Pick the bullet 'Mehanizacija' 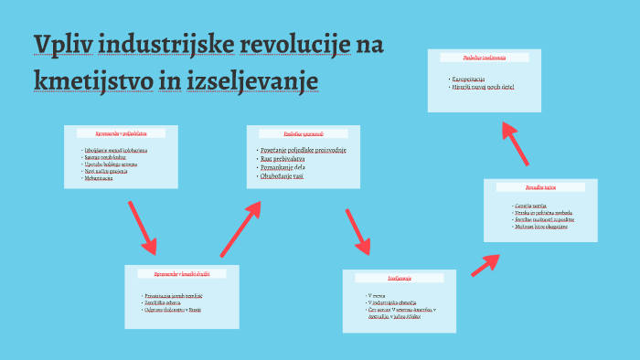click(x=98, y=178)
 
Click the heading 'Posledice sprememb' click(x=304, y=133)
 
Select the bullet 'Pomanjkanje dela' click(x=283, y=166)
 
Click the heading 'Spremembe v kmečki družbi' click(x=181, y=274)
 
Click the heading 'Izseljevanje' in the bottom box click(x=400, y=277)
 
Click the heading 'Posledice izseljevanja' click(x=485, y=58)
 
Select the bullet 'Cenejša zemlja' click(x=529, y=206)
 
